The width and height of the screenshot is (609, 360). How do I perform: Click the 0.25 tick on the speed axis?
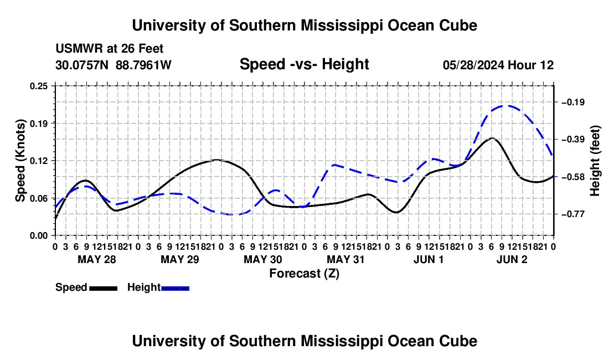click(39, 86)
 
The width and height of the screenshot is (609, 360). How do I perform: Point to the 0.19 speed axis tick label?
click(39, 124)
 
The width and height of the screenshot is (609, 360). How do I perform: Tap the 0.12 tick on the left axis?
click(39, 161)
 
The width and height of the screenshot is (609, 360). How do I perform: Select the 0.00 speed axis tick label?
click(39, 236)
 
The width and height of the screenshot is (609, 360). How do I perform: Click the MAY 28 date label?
click(97, 259)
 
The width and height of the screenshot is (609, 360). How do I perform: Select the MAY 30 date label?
click(263, 259)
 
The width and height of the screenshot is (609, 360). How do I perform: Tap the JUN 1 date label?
click(429, 259)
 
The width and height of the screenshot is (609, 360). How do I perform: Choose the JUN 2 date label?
click(512, 259)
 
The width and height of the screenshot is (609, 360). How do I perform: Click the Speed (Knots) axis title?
click(20, 161)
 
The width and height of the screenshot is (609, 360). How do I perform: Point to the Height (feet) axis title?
click(595, 161)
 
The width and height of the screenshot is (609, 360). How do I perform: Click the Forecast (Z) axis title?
click(304, 274)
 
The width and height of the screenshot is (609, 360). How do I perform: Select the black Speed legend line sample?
click(104, 289)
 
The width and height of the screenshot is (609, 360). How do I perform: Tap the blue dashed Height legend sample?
click(175, 289)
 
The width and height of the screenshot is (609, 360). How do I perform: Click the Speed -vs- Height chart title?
click(304, 64)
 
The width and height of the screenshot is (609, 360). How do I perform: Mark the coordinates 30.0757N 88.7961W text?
click(113, 65)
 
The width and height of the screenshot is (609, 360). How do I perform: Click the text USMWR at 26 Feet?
click(110, 49)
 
